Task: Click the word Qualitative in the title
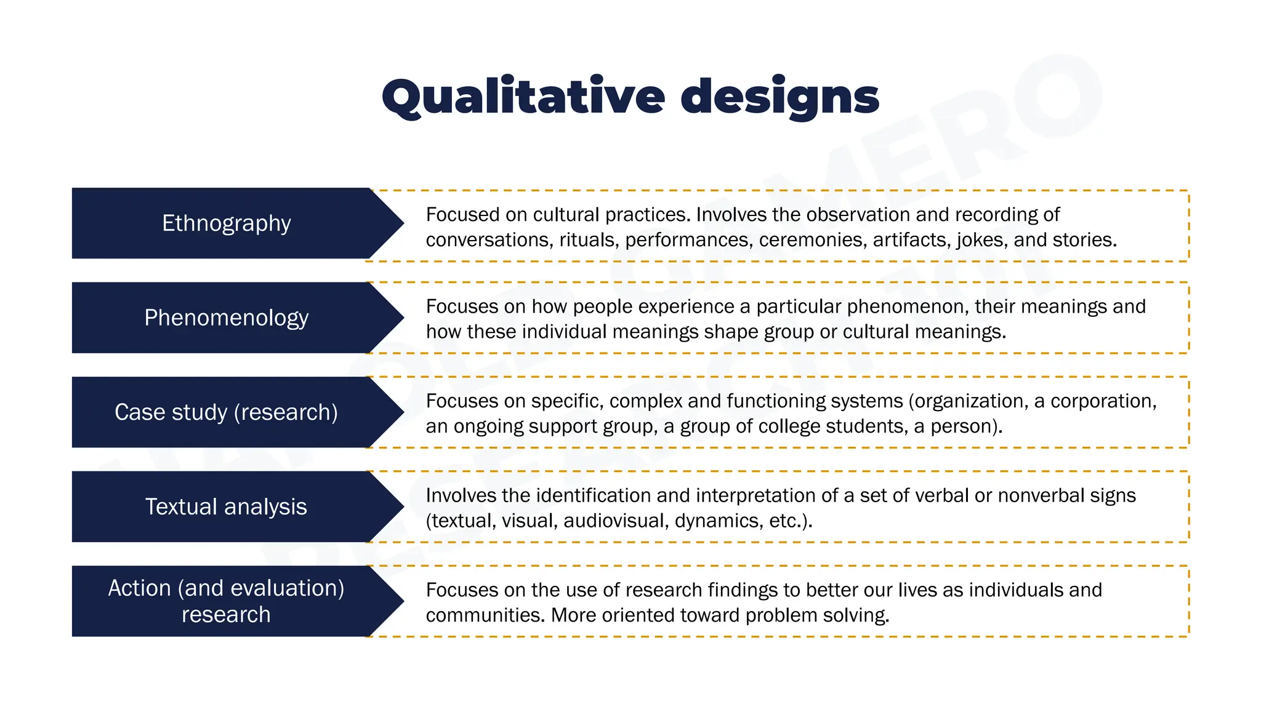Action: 523,97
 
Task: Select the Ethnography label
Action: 226,223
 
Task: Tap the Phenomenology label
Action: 226,318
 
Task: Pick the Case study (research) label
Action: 226,412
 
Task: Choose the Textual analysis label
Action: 226,507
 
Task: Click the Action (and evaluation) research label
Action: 226,601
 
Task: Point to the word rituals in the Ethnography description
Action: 587,240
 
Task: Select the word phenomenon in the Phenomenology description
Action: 904,306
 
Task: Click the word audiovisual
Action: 616,521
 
